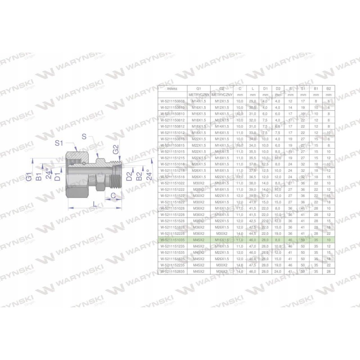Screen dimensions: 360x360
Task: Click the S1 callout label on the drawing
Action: (59, 143)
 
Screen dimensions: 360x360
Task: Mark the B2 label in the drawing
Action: (139, 176)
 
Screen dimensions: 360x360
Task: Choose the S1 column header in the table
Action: (303, 89)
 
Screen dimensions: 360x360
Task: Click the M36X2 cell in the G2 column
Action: (221, 272)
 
